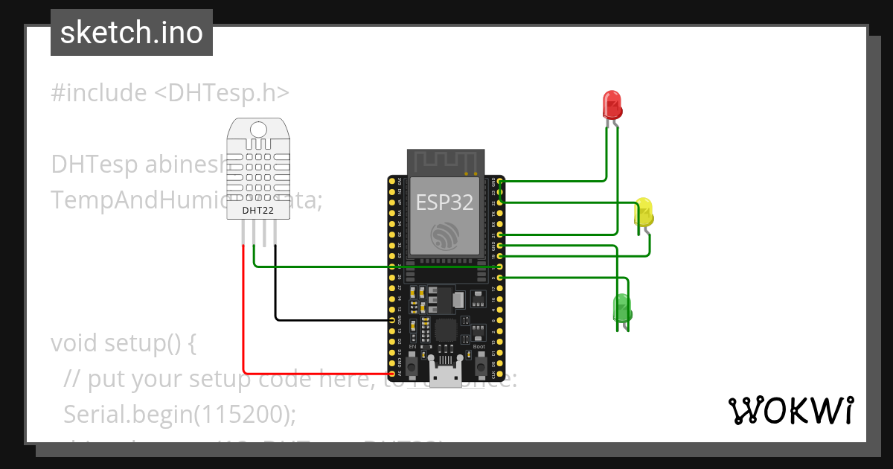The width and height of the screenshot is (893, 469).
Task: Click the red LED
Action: point(612,105)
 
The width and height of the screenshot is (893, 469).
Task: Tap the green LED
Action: point(621,307)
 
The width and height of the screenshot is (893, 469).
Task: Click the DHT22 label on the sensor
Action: point(257,211)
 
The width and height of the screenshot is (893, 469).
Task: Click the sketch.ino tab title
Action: point(132,33)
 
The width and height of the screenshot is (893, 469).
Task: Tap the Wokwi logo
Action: point(790,410)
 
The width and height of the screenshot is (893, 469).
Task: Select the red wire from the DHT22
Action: point(243,313)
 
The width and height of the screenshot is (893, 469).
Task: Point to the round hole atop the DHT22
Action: point(257,130)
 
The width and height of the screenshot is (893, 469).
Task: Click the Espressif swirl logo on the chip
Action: point(446,236)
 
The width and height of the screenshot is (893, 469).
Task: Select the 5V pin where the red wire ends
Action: point(392,374)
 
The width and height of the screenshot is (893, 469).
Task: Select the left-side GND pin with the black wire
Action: point(392,320)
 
